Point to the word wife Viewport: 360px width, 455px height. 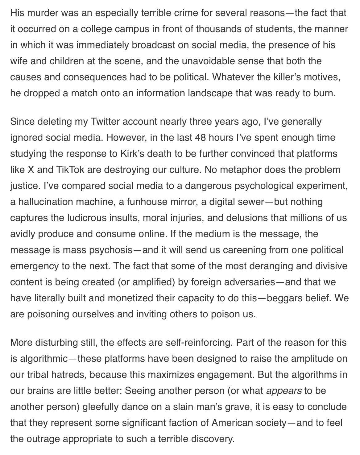click(x=19, y=61)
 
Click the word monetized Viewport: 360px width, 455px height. click(x=128, y=298)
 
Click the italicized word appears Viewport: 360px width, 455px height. click(x=283, y=391)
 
